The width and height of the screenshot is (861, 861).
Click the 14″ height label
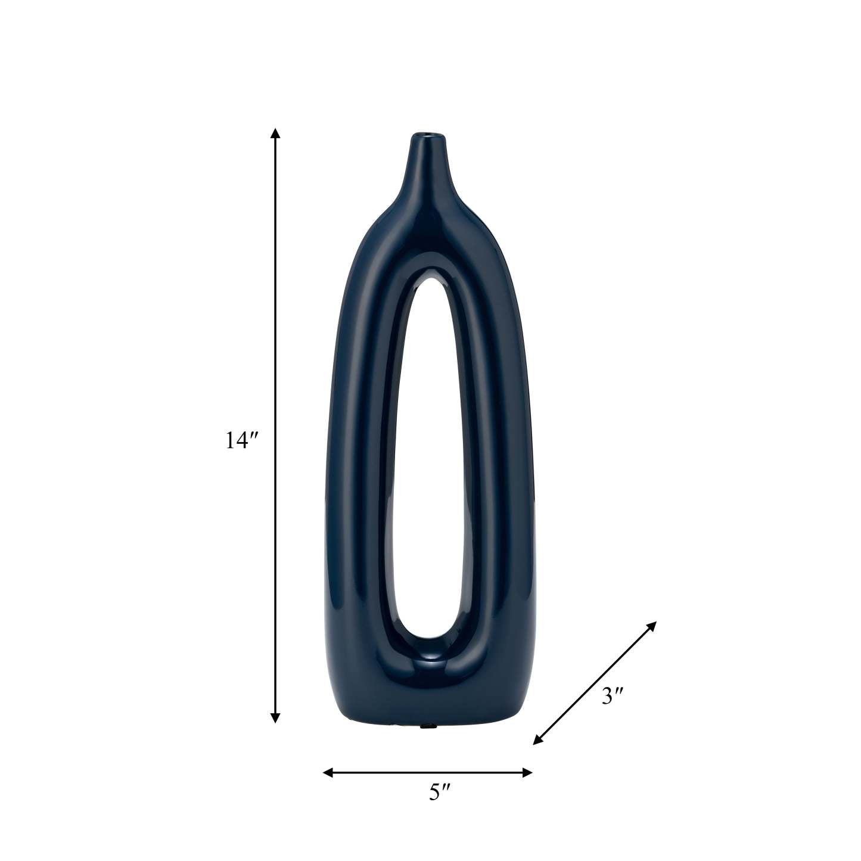pos(241,440)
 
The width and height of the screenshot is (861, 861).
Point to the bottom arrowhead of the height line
pos(275,718)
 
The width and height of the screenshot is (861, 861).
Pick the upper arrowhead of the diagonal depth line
pos(652,626)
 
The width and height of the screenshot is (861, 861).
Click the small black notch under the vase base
pos(427,726)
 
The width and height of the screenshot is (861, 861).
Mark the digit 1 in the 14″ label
pos(230,441)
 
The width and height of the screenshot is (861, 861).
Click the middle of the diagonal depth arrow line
pos(595,683)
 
